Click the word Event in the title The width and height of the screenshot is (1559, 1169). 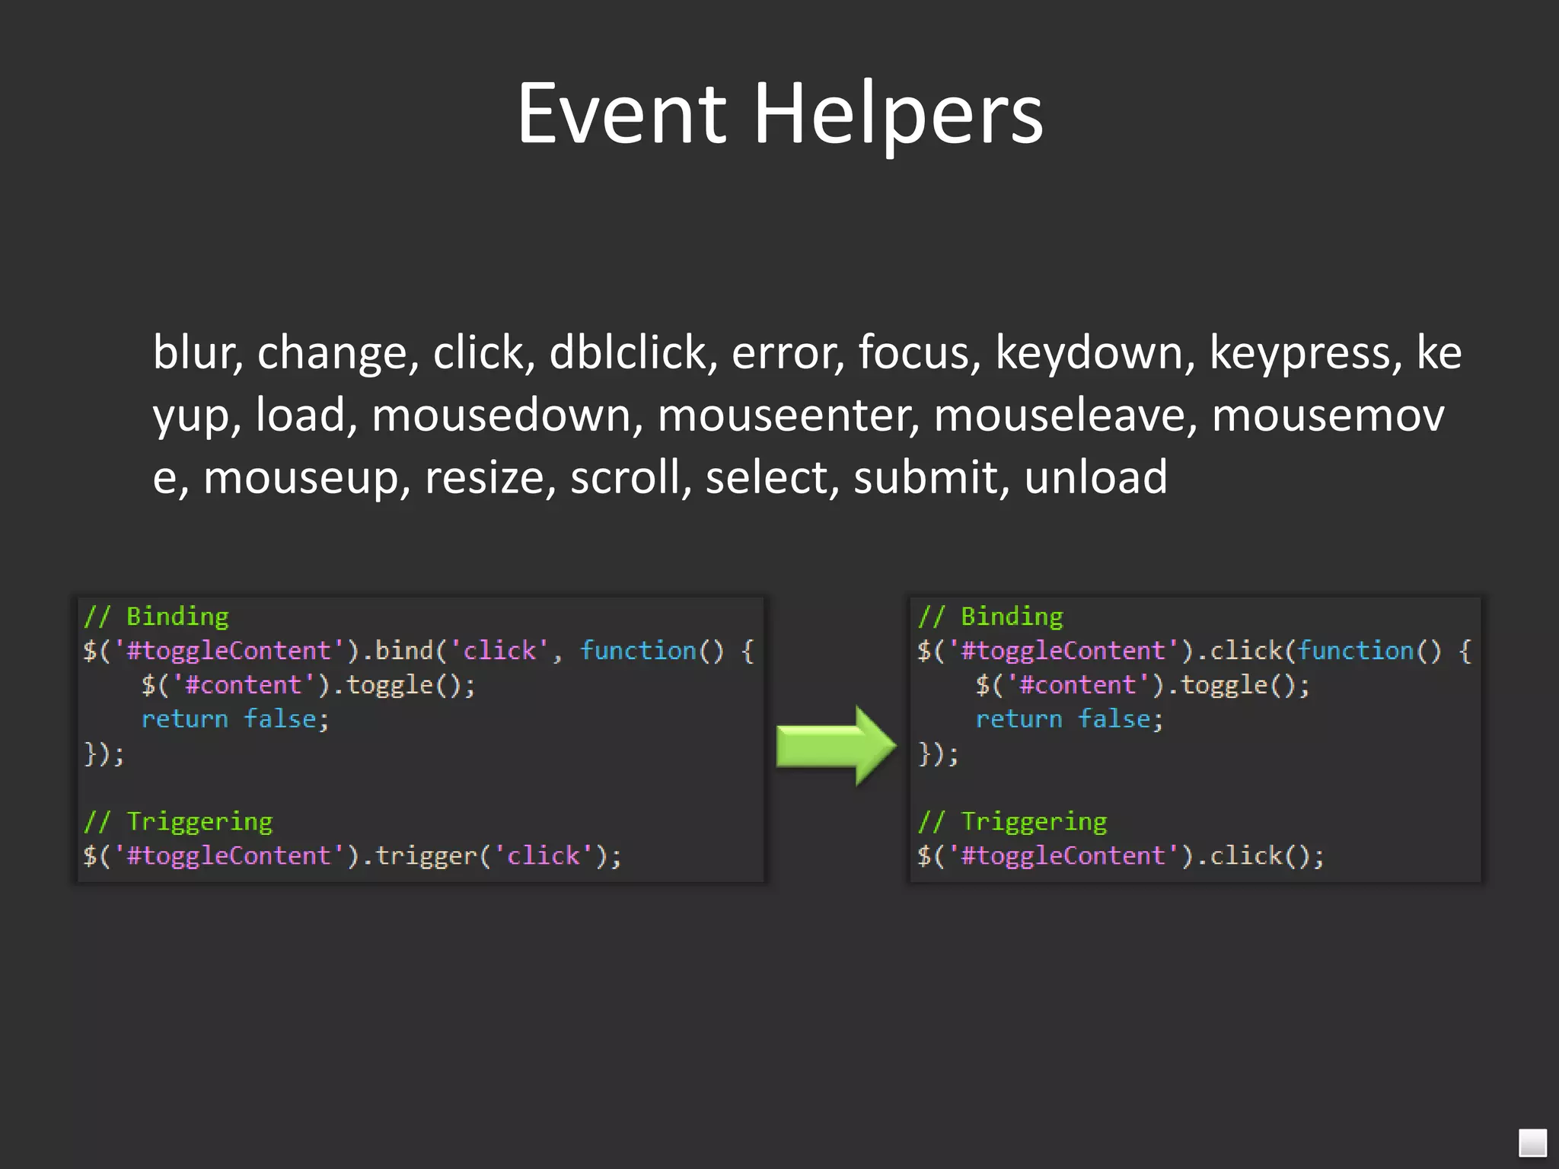pos(622,114)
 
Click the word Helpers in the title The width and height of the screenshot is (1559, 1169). pos(898,114)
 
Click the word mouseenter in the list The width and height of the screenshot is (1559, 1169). pos(788,416)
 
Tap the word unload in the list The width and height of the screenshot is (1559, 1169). pos(1095,478)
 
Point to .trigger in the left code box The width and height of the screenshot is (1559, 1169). pos(425,856)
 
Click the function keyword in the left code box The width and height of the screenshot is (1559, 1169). pos(638,651)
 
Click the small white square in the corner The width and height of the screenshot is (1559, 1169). pos(1532,1142)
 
